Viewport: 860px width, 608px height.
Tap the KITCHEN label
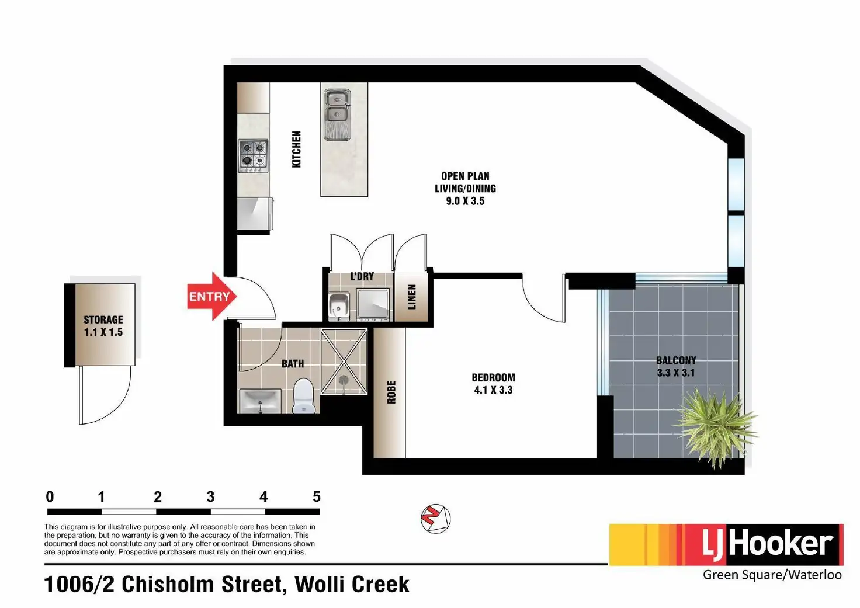(297, 150)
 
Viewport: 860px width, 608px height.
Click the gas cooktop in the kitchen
(253, 155)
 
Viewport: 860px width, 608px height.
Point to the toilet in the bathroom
(303, 395)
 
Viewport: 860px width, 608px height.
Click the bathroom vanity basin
(260, 401)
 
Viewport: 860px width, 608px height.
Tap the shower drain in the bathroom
(344, 380)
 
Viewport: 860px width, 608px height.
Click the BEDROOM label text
(493, 377)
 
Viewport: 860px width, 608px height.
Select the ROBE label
(391, 392)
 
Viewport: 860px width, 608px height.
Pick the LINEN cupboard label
(412, 297)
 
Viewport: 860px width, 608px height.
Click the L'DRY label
(362, 276)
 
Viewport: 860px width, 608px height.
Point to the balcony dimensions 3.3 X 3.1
(676, 373)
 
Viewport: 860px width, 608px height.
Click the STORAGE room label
(103, 319)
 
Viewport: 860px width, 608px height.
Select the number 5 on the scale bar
(317, 497)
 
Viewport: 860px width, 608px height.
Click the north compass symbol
(435, 519)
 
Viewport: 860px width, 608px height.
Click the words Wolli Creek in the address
(352, 584)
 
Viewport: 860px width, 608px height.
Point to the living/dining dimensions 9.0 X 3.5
(465, 201)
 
